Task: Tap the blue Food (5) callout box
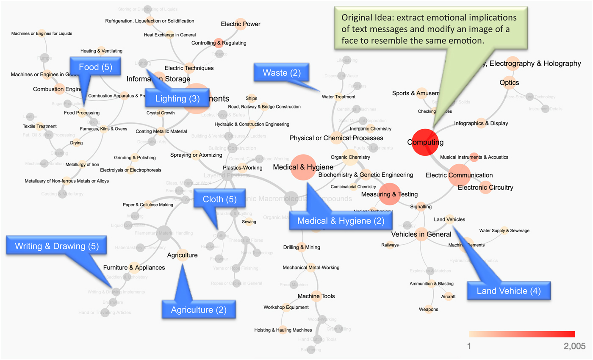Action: (x=95, y=67)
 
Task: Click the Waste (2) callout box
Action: (x=282, y=73)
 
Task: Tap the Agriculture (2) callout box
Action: (x=198, y=310)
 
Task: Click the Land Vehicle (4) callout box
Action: (x=508, y=291)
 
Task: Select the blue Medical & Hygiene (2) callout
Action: (x=341, y=220)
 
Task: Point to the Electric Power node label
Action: (x=241, y=24)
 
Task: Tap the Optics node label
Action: (x=509, y=83)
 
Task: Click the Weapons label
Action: (x=428, y=310)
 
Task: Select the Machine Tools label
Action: (x=316, y=296)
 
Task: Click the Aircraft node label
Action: (x=448, y=296)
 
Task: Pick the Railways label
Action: (x=390, y=245)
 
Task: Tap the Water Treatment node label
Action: (x=338, y=97)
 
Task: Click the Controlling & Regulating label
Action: (x=219, y=43)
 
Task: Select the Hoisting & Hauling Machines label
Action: (x=283, y=330)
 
